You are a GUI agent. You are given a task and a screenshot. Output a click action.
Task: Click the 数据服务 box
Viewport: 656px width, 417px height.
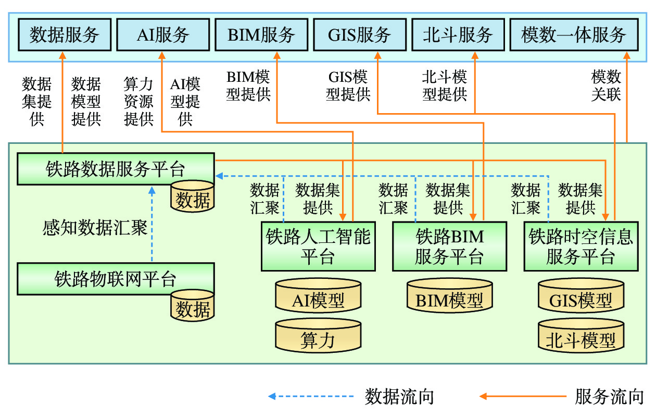point(65,35)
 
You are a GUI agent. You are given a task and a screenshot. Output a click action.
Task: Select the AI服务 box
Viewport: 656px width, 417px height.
point(163,35)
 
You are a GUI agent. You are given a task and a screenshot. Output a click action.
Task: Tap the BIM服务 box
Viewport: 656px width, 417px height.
point(261,35)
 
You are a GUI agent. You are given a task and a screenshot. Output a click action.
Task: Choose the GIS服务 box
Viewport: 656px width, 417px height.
point(360,35)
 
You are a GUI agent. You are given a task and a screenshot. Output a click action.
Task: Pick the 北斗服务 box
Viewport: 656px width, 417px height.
point(458,35)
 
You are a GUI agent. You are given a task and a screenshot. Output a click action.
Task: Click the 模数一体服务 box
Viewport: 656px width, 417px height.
point(574,35)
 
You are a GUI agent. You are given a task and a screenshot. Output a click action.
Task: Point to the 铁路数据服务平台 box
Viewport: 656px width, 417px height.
point(115,169)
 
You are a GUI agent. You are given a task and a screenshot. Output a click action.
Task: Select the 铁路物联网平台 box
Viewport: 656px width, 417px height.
point(115,279)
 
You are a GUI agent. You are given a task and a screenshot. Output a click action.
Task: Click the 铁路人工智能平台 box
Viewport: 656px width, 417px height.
point(318,247)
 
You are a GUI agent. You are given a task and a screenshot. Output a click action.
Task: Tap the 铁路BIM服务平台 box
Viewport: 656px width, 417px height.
point(449,247)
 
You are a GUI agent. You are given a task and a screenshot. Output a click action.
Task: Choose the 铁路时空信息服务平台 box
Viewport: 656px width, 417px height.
point(581,247)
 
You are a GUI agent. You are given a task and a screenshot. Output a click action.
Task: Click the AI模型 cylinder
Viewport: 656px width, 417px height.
point(318,300)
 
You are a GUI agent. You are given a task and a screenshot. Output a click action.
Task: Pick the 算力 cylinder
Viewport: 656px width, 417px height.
point(318,339)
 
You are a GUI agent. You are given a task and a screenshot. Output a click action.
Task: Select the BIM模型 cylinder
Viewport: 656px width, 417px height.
point(449,299)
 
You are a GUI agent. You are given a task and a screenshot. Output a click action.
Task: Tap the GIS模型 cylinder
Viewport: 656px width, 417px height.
point(581,300)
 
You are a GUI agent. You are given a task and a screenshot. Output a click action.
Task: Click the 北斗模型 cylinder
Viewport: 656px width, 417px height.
point(581,339)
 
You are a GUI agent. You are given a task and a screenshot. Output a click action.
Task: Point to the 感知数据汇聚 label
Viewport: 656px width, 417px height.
point(95,228)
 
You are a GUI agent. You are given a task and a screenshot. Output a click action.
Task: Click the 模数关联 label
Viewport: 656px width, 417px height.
point(606,87)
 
